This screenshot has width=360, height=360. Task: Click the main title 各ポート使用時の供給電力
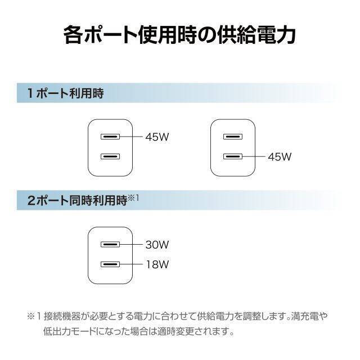pos(179,35)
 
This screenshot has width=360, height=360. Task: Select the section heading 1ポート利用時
pos(65,93)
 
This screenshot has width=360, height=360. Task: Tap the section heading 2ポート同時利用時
pos(77,200)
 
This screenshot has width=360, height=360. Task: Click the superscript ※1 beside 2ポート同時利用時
pos(133,197)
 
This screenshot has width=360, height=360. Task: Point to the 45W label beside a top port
pos(157,137)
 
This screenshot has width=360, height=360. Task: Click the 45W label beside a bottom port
pos(280,157)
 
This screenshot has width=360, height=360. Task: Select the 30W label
pos(157,245)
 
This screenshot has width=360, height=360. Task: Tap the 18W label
pos(157,264)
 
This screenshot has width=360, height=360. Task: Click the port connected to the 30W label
pos(110,245)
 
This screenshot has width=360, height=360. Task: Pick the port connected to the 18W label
pos(110,264)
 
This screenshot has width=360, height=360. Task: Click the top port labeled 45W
pos(110,137)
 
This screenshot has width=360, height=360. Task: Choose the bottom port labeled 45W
pos(233,157)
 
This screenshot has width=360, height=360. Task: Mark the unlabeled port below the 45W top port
pos(110,157)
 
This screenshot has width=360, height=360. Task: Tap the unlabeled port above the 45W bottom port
pos(233,137)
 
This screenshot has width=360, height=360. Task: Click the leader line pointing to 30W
pos(131,245)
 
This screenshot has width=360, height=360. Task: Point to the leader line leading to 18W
pos(131,264)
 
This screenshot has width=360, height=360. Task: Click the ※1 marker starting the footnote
pos(34,316)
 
